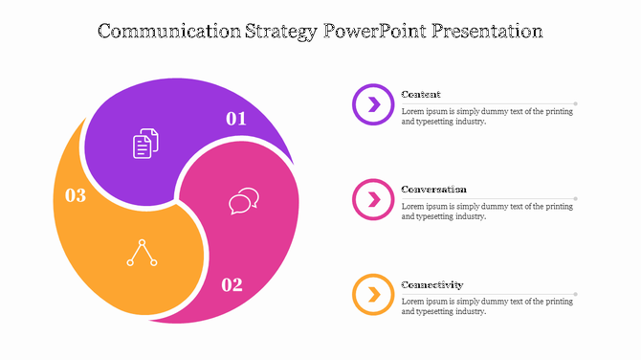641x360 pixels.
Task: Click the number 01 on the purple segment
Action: click(236, 119)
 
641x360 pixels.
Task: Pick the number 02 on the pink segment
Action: click(232, 284)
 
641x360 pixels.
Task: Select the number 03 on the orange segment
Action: click(76, 195)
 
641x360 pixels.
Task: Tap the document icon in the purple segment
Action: click(145, 144)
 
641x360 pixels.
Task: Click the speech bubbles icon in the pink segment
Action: click(244, 201)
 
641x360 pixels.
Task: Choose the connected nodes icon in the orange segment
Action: click(142, 252)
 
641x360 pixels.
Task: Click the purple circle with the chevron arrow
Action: click(373, 103)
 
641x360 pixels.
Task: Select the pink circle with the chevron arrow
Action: click(373, 199)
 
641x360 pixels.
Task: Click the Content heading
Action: click(421, 94)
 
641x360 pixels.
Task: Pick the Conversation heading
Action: click(433, 190)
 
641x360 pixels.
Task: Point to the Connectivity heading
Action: click(431, 284)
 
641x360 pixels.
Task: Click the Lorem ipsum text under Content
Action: click(487, 117)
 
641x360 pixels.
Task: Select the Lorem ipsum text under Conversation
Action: click(487, 212)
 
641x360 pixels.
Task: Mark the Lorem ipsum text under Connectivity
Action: click(487, 306)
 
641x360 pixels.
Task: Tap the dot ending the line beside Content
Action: click(576, 103)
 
